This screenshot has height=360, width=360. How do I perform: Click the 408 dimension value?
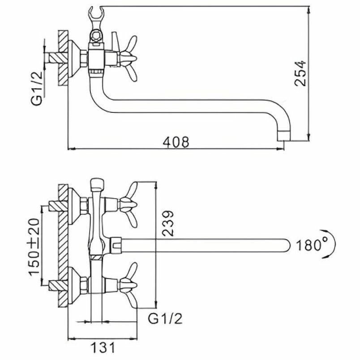tap(176, 142)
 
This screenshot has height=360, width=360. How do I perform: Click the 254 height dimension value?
tap(299, 73)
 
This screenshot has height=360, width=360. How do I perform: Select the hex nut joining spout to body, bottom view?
tap(116, 244)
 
